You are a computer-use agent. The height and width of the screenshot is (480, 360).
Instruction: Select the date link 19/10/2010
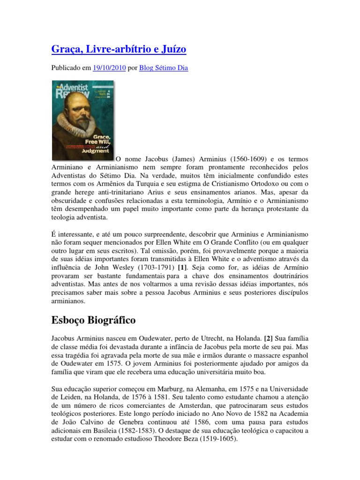pos(110,68)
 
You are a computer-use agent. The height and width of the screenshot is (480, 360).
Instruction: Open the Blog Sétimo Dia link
pos(164,68)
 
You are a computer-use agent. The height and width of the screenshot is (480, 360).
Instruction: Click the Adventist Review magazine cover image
pos(82,120)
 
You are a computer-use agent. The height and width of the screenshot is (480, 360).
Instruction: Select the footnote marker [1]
pos(182,267)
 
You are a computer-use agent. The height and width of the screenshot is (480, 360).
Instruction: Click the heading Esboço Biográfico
pos(93,321)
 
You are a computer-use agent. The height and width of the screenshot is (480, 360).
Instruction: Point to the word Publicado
pos(65,68)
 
